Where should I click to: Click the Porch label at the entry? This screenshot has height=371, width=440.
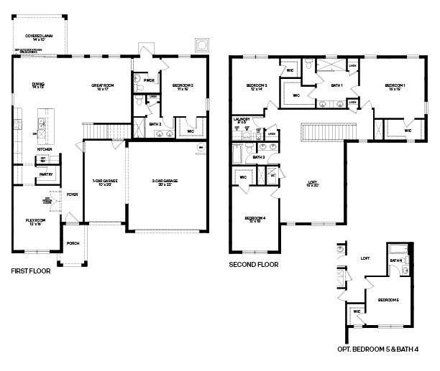(73, 243)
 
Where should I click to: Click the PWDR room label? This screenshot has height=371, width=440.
(150, 80)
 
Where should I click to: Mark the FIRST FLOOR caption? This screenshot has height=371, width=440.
(33, 272)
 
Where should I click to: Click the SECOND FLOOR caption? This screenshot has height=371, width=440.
(254, 264)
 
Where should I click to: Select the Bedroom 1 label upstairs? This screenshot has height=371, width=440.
(395, 86)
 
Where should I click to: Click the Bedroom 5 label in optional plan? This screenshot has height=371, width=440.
(388, 299)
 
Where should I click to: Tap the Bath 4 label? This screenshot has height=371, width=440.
(396, 260)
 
